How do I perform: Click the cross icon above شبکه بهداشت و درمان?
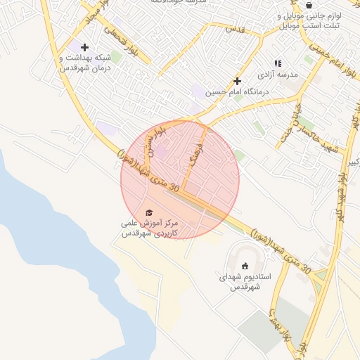point(84,47)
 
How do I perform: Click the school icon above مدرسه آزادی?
point(277,63)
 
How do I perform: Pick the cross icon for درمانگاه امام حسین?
point(238,81)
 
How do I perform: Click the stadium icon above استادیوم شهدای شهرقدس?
point(245,266)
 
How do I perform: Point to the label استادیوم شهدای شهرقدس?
point(239,281)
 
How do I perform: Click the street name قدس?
point(233,29)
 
